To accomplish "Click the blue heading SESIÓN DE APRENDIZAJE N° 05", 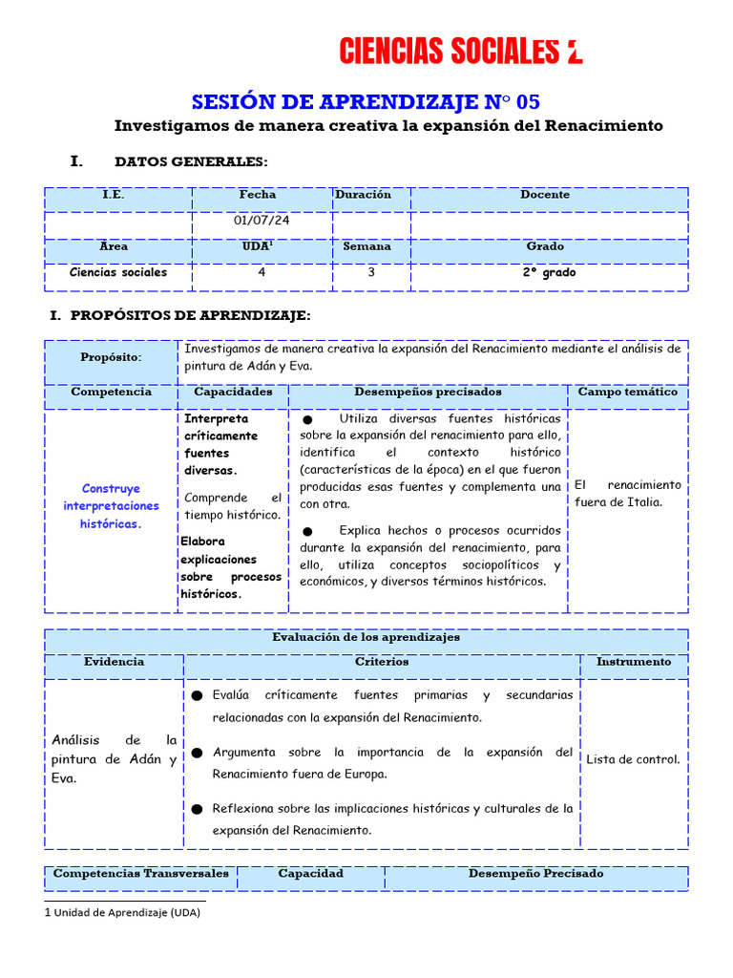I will (372, 102).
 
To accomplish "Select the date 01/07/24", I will (262, 221).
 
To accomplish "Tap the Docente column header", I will (545, 195).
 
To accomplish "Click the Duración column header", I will (363, 195).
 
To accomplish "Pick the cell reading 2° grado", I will (548, 272).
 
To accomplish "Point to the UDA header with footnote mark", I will (258, 246).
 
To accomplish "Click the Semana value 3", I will (371, 272).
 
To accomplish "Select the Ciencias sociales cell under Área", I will (118, 272).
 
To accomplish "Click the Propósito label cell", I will (111, 357).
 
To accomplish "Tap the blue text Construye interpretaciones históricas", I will (111, 506).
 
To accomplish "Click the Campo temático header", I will (627, 393).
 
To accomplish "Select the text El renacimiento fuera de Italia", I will (627, 494).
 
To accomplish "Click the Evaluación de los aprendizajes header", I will (366, 637).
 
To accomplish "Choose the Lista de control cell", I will (633, 760).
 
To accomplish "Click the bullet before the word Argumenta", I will (197, 754).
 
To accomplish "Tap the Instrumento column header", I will (633, 662).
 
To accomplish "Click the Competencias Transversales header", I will (141, 874).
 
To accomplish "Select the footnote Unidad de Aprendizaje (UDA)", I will (126, 912).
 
